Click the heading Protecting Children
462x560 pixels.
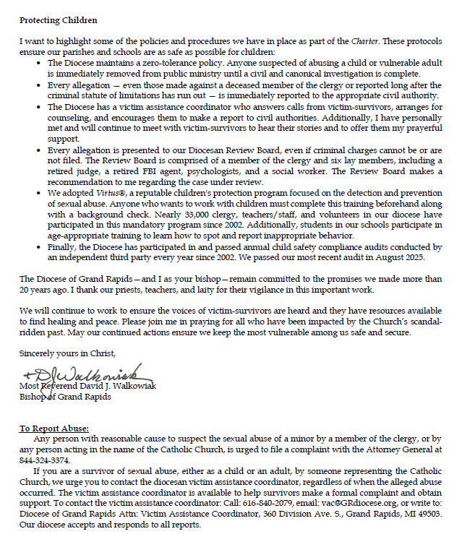[x=58, y=20]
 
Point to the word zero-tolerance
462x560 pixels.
[x=161, y=64]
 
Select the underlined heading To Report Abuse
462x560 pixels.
[x=54, y=428]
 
